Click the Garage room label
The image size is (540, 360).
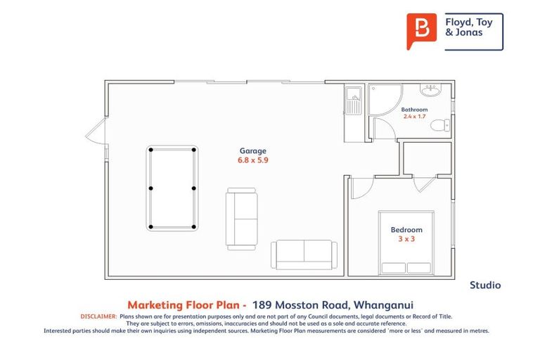pyautogui.click(x=252, y=150)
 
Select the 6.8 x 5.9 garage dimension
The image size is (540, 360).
pyautogui.click(x=252, y=160)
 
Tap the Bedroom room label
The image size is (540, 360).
pyautogui.click(x=406, y=230)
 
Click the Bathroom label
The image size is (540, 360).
pyautogui.click(x=414, y=110)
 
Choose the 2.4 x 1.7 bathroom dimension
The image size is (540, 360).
pyautogui.click(x=414, y=117)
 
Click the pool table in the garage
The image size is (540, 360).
pyautogui.click(x=172, y=188)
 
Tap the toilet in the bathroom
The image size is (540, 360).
pyautogui.click(x=440, y=126)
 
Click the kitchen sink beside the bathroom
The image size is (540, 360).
pyautogui.click(x=353, y=102)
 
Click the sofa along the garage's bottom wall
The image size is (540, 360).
pyautogui.click(x=304, y=254)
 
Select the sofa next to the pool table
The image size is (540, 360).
pyautogui.click(x=241, y=218)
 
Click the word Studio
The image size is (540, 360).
pyautogui.click(x=484, y=285)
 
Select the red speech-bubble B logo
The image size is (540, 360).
pyautogui.click(x=421, y=31)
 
